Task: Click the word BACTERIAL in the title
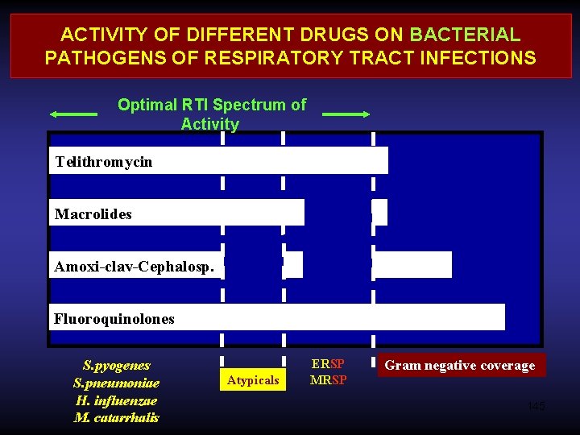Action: [x=465, y=35]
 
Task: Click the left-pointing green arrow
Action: [x=73, y=114]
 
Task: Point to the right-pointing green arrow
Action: [x=346, y=114]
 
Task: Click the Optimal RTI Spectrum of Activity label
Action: [x=211, y=114]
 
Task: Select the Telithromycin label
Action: [x=103, y=162]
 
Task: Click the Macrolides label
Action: [x=93, y=214]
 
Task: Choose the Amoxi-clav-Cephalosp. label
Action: [x=134, y=267]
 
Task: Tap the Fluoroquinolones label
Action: [x=114, y=319]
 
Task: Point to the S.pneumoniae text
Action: [x=116, y=383]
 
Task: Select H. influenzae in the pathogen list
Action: [x=116, y=400]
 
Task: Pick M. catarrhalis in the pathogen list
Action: [x=116, y=417]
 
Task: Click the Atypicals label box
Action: [x=253, y=379]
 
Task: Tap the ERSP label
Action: [x=328, y=364]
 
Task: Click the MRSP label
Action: [x=328, y=380]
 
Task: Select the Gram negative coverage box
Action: [x=459, y=366]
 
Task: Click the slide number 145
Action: [x=536, y=406]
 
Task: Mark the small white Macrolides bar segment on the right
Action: [x=379, y=212]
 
